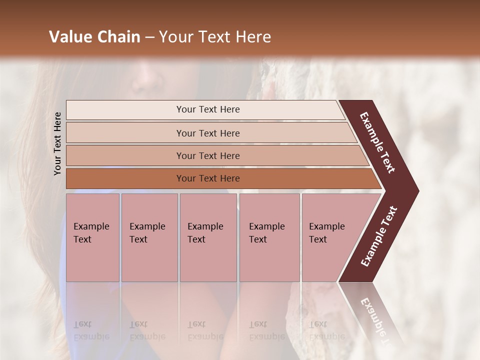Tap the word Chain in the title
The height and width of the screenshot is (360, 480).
coord(118,37)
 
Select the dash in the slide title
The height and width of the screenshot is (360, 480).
coord(149,37)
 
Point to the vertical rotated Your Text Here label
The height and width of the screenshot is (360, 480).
coord(57,143)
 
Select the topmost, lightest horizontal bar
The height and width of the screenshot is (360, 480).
coord(207,109)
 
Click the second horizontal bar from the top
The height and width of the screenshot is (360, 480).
coord(207,133)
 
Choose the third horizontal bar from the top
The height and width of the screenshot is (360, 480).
coord(207,155)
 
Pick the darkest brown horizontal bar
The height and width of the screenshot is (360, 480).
coord(207,178)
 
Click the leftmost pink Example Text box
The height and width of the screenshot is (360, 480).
coord(92,237)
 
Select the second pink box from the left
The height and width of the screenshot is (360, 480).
coord(149,237)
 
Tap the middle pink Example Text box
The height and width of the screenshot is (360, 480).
coord(208,237)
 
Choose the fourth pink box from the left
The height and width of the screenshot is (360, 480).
coord(269,237)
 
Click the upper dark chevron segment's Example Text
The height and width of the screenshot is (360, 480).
coord(377,143)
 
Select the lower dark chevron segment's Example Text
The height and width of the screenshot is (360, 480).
coord(379,236)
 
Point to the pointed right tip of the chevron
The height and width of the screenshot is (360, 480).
coord(417,191)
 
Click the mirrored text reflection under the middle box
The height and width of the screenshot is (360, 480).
coord(205,330)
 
